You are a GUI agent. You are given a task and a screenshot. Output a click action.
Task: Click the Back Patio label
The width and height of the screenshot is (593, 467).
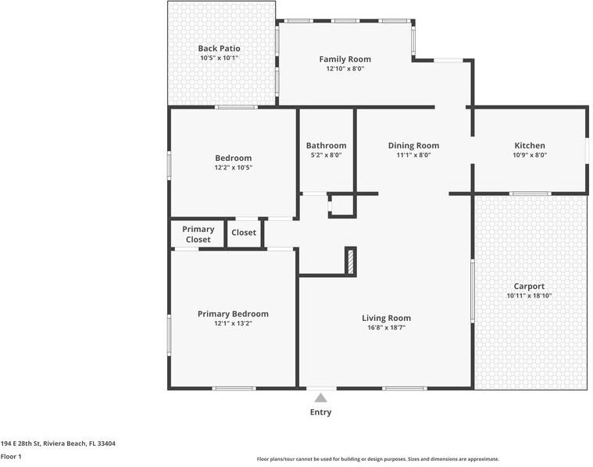pyautogui.click(x=219, y=48)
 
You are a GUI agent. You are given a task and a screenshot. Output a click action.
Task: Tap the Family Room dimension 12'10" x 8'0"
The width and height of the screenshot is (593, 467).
pyautogui.click(x=345, y=69)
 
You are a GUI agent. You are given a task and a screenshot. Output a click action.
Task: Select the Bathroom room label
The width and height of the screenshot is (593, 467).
pyautogui.click(x=326, y=145)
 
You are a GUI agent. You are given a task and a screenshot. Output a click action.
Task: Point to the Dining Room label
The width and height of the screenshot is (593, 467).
pyautogui.click(x=413, y=145)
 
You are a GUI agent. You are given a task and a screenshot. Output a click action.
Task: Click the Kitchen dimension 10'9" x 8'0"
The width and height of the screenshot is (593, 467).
pyautogui.click(x=530, y=155)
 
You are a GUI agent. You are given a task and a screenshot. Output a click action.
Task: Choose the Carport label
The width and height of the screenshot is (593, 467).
pyautogui.click(x=529, y=286)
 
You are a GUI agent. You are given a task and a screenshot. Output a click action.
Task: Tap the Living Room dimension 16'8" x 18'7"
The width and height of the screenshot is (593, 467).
pyautogui.click(x=386, y=328)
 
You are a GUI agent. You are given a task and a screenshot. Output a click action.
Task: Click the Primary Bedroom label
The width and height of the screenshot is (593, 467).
pyautogui.click(x=233, y=314)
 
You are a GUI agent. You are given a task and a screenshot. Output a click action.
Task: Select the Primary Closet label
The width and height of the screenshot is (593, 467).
pyautogui.click(x=198, y=234)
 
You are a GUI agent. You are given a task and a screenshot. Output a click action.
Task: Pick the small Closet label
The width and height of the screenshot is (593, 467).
pyautogui.click(x=244, y=233)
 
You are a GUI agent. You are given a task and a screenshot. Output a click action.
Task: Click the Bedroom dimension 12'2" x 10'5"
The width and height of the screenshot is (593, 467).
pyautogui.click(x=233, y=167)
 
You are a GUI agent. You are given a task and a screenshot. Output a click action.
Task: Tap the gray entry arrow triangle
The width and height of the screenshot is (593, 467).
pyautogui.click(x=320, y=398)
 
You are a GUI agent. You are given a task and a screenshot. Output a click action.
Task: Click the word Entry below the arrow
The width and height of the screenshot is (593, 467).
pyautogui.click(x=320, y=412)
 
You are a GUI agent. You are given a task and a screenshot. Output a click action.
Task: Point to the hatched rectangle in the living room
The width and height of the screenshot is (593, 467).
pyautogui.click(x=351, y=261)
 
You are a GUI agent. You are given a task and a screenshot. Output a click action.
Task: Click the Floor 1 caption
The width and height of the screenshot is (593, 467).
pyautogui.click(x=11, y=456)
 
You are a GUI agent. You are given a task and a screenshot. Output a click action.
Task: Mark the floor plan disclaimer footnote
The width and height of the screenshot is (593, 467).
pyautogui.click(x=377, y=459)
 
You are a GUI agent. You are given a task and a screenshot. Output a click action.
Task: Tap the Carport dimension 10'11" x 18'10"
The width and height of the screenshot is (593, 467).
pyautogui.click(x=529, y=296)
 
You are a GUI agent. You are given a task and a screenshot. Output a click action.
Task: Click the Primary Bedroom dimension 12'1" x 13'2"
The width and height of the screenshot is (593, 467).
pyautogui.click(x=233, y=323)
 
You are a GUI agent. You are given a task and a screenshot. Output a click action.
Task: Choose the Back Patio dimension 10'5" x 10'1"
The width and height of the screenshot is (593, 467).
pyautogui.click(x=219, y=58)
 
